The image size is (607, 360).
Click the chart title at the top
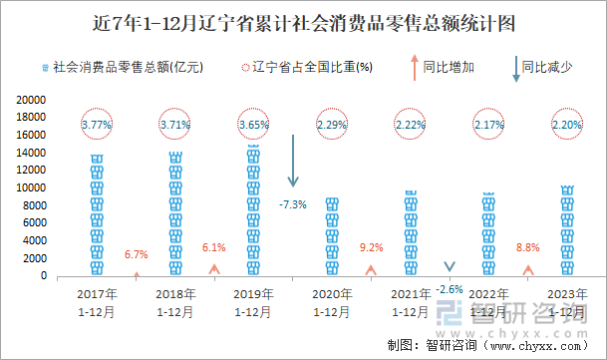tap(303, 21)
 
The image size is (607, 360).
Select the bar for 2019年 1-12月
tap(253, 211)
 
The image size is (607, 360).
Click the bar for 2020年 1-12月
tap(332, 237)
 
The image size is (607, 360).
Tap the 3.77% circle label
tap(97, 125)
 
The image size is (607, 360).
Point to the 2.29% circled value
tap(332, 125)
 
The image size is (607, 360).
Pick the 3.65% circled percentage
tap(253, 125)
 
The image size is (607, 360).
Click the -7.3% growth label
tap(293, 204)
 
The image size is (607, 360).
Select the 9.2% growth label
tap(372, 247)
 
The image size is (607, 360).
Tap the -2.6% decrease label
tap(450, 289)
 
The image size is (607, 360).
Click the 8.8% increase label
tap(528, 247)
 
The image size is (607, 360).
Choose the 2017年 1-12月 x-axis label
tap(97, 302)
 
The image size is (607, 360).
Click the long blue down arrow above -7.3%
tap(293, 160)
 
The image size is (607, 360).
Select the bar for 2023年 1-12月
tap(567, 231)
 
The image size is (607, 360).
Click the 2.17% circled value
tap(488, 125)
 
